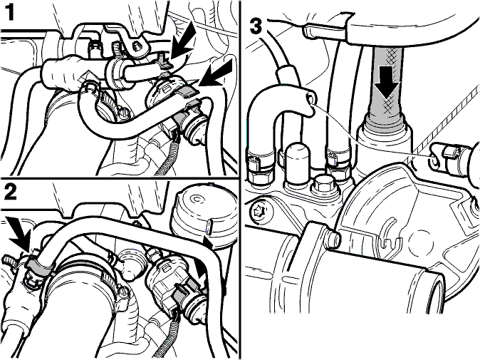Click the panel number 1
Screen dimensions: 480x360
tap(10, 13)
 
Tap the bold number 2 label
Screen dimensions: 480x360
tap(11, 192)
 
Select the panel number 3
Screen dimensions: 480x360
tap(256, 26)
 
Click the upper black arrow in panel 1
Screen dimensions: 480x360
tap(184, 41)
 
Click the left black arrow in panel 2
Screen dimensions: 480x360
tap(20, 232)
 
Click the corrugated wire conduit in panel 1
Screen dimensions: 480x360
tap(167, 161)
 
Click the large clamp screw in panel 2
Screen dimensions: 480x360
tap(123, 292)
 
